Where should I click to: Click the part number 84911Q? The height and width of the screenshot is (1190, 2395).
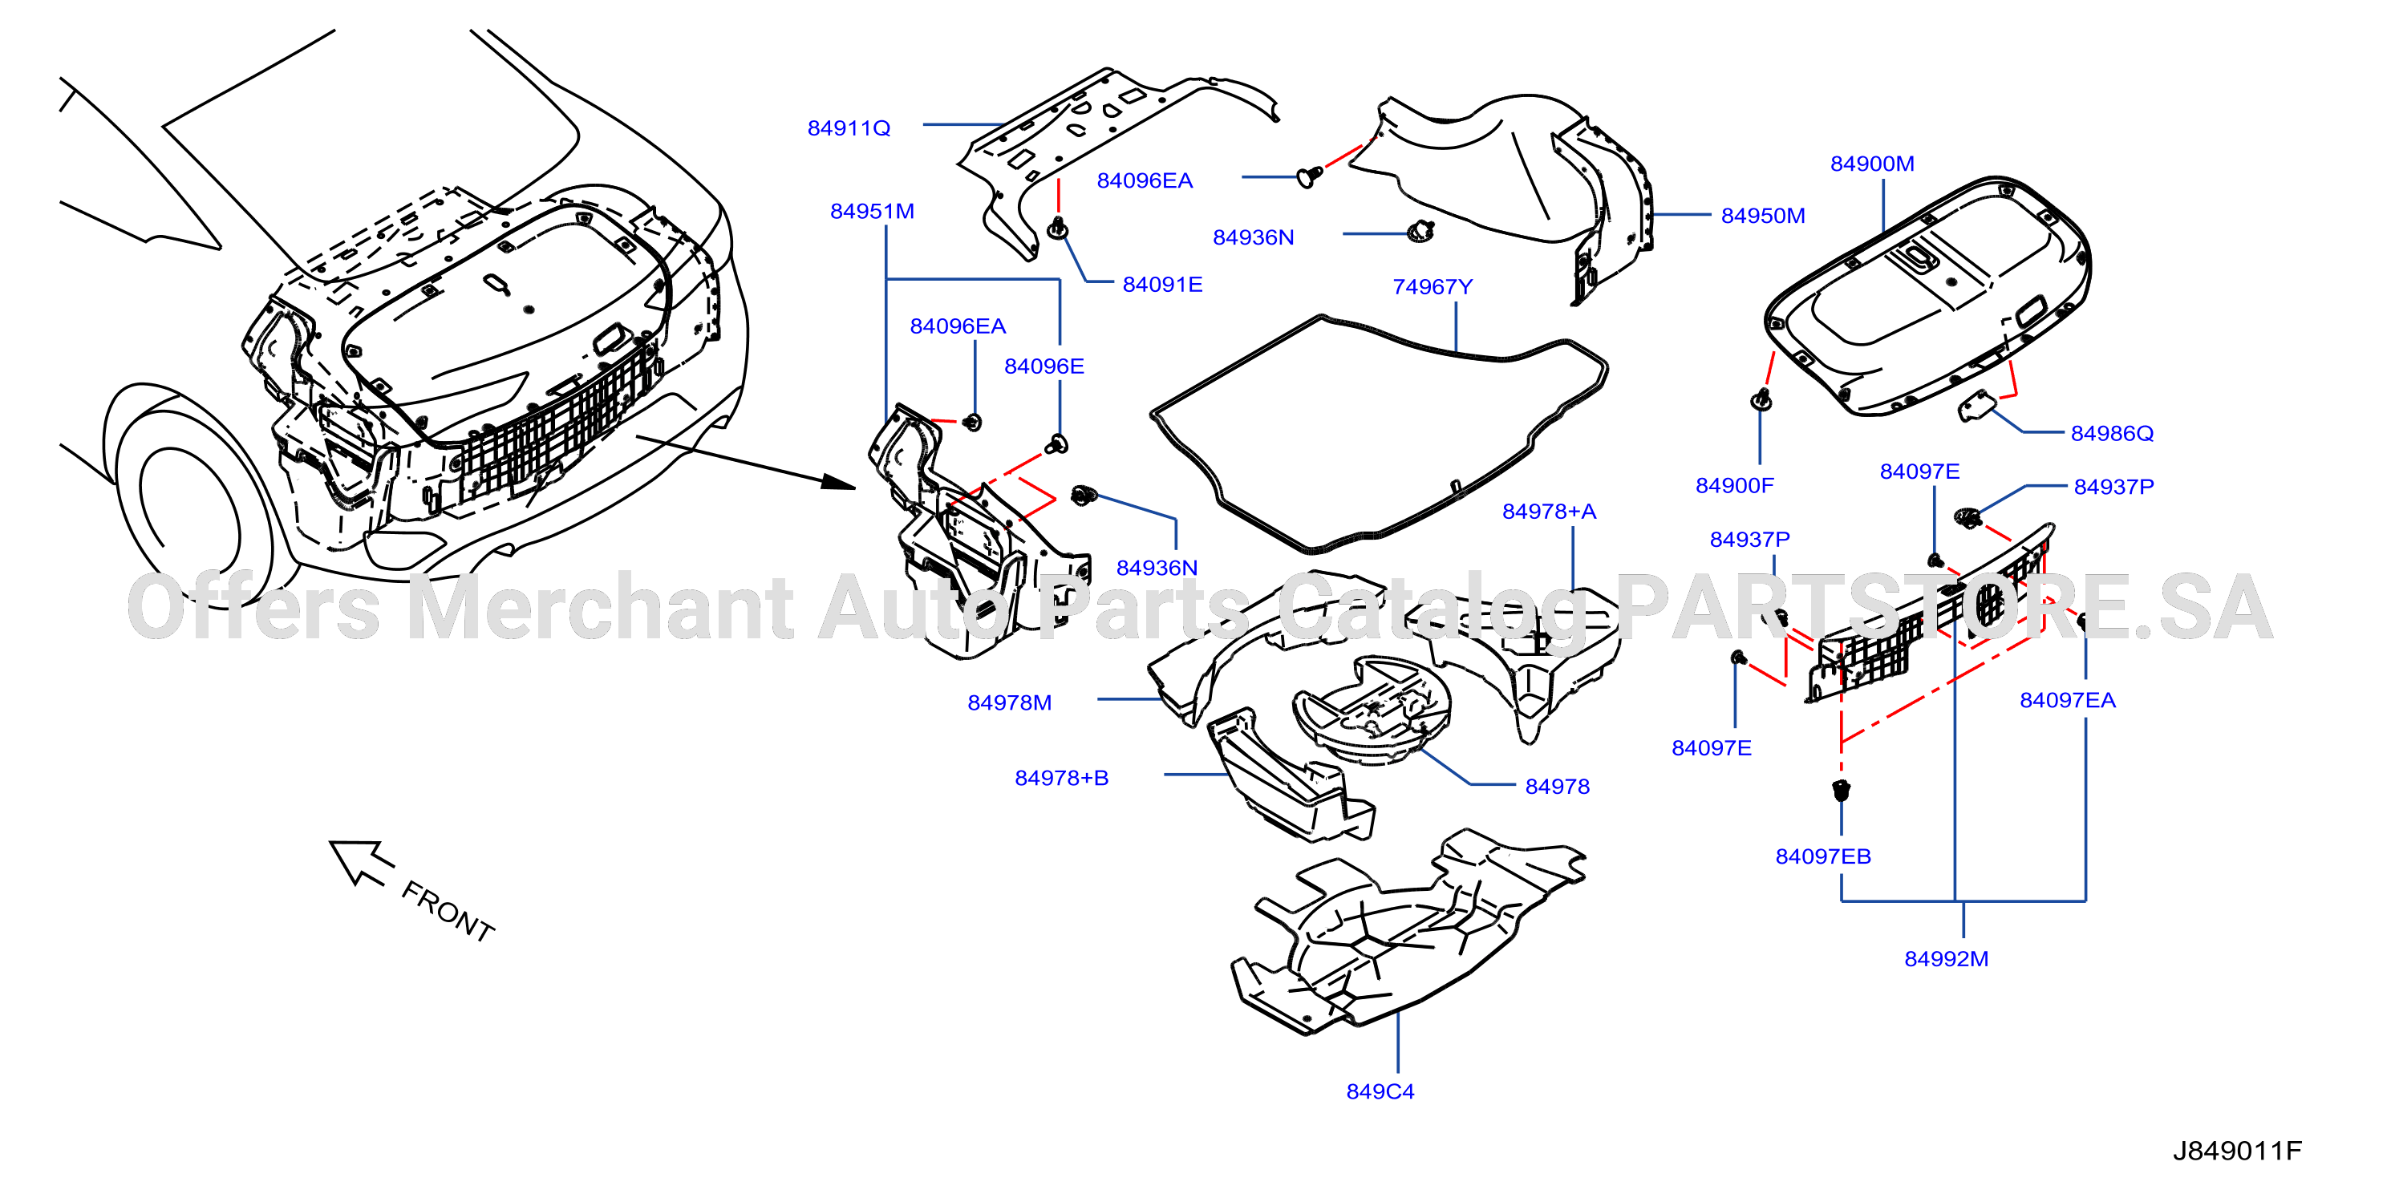848,128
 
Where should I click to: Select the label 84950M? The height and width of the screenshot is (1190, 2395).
1762,216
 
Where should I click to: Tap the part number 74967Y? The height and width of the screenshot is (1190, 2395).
1432,287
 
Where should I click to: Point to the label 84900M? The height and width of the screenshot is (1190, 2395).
1871,164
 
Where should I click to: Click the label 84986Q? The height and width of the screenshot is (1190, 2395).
2111,433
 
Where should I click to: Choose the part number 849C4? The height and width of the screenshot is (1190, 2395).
1380,1091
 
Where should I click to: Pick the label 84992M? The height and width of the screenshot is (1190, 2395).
1946,958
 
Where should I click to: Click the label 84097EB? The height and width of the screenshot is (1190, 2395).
1822,856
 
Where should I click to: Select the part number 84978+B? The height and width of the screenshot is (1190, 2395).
1061,777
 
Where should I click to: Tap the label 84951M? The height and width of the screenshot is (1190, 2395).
871,211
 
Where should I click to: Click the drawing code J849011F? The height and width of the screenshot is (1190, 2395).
2236,1151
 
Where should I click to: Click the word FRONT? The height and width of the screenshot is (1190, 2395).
448,911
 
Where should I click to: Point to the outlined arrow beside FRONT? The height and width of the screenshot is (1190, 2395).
361,863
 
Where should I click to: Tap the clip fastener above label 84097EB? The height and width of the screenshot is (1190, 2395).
1841,790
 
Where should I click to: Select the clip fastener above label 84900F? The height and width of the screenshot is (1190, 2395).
1760,401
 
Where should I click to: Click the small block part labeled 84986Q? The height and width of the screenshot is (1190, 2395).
1978,407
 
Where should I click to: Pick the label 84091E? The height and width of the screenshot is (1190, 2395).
1162,285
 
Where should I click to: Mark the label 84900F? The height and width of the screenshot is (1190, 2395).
1734,485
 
